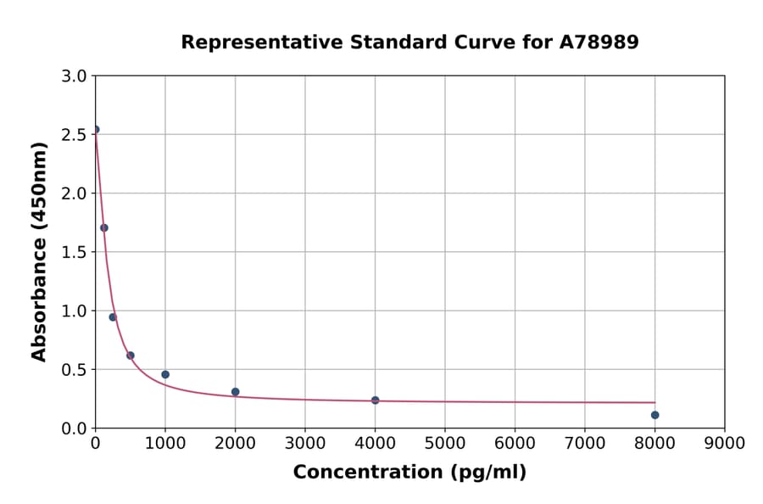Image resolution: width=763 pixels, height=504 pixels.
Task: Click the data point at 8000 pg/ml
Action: (654, 415)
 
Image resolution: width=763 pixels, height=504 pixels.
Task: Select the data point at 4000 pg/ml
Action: (375, 400)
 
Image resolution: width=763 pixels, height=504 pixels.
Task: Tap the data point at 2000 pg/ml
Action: (235, 392)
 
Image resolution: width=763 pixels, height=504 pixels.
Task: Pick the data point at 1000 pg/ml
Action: (165, 374)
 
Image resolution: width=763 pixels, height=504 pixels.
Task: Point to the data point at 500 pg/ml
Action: (131, 356)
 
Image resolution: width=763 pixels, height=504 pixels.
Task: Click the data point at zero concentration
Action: (96, 130)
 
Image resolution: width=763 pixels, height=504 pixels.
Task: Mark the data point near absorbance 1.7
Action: (104, 227)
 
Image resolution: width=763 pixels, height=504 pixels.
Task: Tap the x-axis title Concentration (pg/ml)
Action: (409, 473)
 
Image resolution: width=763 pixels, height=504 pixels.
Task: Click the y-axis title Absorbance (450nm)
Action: (39, 252)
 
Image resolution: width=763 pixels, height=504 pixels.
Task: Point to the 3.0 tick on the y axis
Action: (75, 76)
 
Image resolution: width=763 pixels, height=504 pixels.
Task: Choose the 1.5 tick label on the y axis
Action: (75, 252)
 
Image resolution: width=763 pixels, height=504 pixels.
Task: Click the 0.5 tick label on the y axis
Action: (75, 370)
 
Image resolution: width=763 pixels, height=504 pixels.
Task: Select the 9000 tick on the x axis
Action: (724, 443)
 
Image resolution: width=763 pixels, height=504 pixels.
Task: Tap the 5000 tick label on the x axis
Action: (444, 443)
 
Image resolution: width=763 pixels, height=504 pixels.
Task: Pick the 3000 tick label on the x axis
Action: (304, 443)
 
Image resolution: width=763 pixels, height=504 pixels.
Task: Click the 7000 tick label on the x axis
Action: (584, 443)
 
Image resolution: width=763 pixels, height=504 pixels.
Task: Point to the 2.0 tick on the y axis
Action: (75, 193)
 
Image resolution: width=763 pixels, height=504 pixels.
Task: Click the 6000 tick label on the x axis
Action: (515, 443)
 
